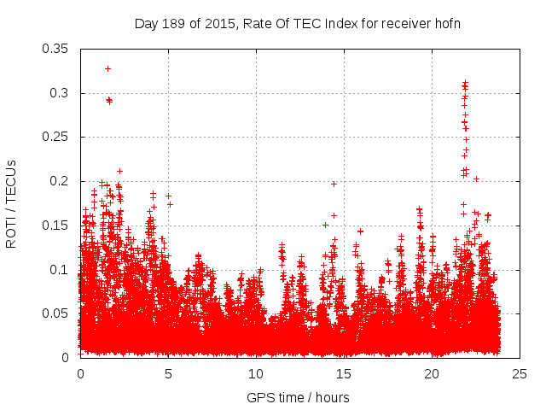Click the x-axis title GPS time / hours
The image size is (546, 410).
coord(298,397)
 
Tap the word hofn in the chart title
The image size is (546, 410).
coord(444,23)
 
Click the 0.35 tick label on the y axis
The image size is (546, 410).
coord(56,49)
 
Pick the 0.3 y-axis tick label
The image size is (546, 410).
coord(61,93)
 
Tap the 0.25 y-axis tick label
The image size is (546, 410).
coord(56,137)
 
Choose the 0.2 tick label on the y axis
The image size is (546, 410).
coord(61,181)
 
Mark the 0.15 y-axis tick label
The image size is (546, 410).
coord(56,225)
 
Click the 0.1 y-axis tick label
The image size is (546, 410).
coord(61,269)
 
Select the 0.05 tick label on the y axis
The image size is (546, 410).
coord(56,313)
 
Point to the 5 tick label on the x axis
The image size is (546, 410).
coord(168,373)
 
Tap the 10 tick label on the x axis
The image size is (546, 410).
coord(256,373)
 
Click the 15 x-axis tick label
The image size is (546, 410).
coord(344,373)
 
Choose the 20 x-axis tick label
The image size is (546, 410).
coord(432,373)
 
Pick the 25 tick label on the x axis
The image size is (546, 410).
coord(520,373)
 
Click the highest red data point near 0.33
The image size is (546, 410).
coord(107,68)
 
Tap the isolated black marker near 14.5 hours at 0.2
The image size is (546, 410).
coord(334,184)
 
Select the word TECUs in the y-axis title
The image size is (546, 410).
coord(11,181)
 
